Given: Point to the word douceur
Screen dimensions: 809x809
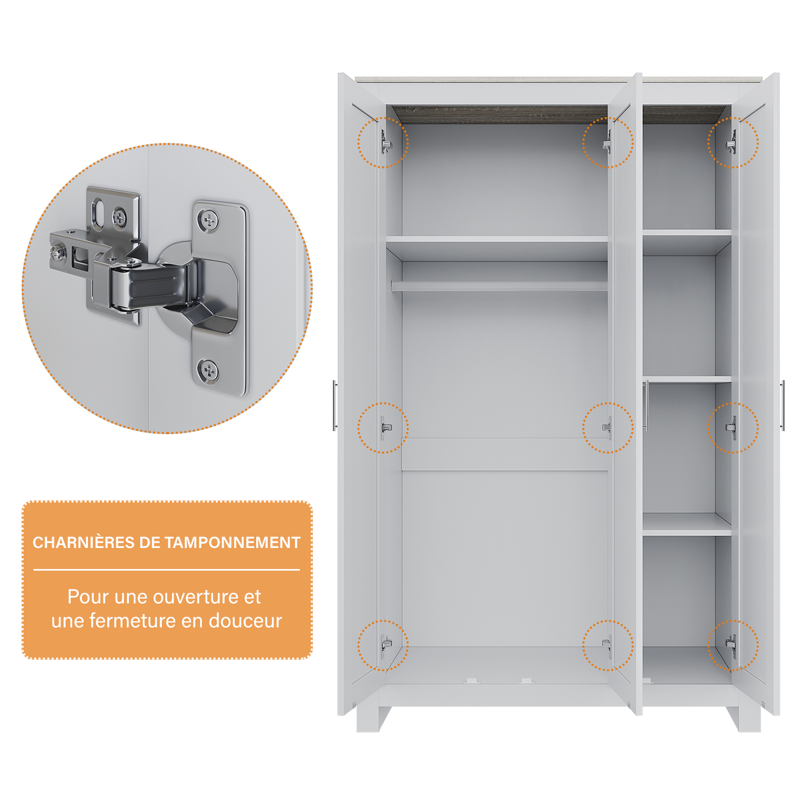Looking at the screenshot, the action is point(245,621).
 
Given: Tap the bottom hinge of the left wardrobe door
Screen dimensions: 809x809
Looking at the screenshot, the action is point(386,644).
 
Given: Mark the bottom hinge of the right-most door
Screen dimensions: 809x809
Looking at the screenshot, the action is point(731,644).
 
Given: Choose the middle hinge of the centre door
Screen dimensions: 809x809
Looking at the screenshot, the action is point(607,428).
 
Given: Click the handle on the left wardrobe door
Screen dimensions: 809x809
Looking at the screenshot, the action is point(335,405).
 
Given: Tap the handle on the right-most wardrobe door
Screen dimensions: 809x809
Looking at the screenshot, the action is point(783,405).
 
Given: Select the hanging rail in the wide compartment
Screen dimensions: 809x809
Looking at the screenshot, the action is point(499,286).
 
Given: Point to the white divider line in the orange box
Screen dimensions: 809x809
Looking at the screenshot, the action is point(167,570).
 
